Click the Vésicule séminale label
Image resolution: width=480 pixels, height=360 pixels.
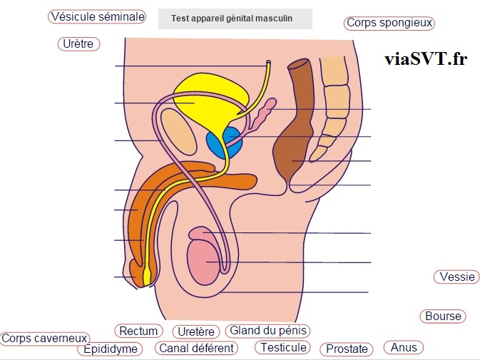97,16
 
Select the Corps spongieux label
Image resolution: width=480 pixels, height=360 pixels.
389,23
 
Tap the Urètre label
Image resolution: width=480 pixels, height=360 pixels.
78,44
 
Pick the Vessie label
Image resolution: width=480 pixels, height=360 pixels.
457,277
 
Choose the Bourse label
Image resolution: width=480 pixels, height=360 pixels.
443,316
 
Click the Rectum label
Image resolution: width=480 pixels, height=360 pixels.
138,331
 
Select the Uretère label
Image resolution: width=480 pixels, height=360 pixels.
196,331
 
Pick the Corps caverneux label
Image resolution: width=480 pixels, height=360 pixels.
44,339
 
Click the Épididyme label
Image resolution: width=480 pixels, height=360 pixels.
111,349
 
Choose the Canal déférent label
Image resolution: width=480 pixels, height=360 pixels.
196,349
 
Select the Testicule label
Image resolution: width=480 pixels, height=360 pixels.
283,347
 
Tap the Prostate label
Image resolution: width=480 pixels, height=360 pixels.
347,349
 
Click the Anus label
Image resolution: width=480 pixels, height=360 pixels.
404,347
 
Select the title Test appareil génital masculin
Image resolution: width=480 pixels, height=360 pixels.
235,19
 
